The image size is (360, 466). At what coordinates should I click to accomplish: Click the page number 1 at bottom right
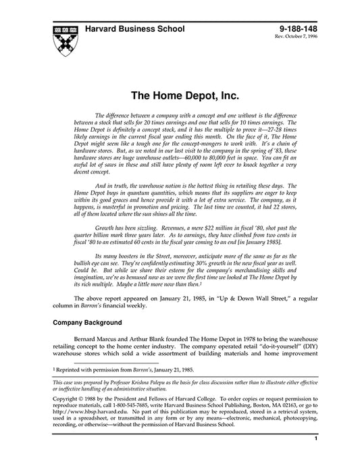click(x=315, y=457)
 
